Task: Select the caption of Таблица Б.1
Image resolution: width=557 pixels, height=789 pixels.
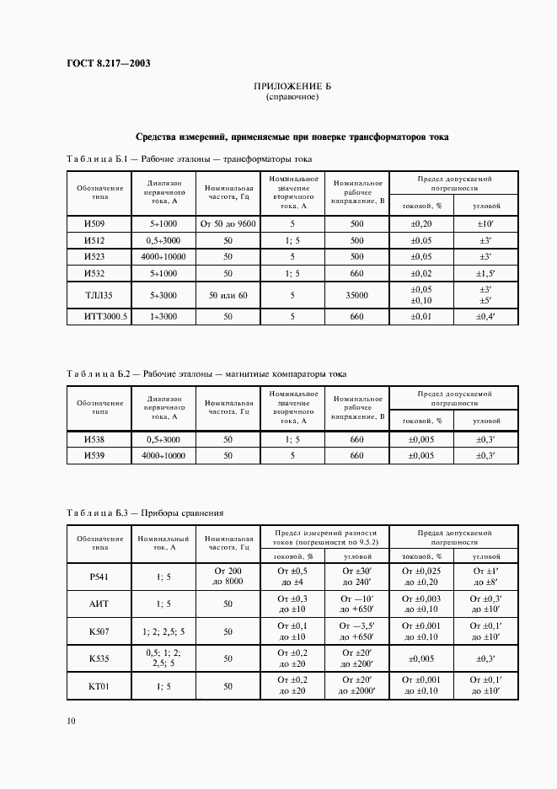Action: pos(189,158)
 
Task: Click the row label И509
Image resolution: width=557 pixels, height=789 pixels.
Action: pos(94,224)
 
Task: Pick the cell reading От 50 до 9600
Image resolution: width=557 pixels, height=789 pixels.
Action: pos(228,224)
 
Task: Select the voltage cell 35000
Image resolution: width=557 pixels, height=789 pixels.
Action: pos(357,296)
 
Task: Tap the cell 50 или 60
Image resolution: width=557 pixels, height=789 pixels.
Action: pos(228,296)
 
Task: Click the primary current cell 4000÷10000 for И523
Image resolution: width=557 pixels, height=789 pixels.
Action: pos(163,256)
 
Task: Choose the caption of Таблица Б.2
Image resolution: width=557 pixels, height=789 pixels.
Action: pos(206,373)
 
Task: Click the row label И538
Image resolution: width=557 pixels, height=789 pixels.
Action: pos(94,439)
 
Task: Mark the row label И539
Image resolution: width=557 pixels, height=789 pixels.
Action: pos(94,455)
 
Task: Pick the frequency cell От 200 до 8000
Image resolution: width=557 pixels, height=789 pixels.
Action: pos(228,577)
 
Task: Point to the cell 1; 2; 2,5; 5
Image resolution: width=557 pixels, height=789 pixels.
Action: pos(163,632)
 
